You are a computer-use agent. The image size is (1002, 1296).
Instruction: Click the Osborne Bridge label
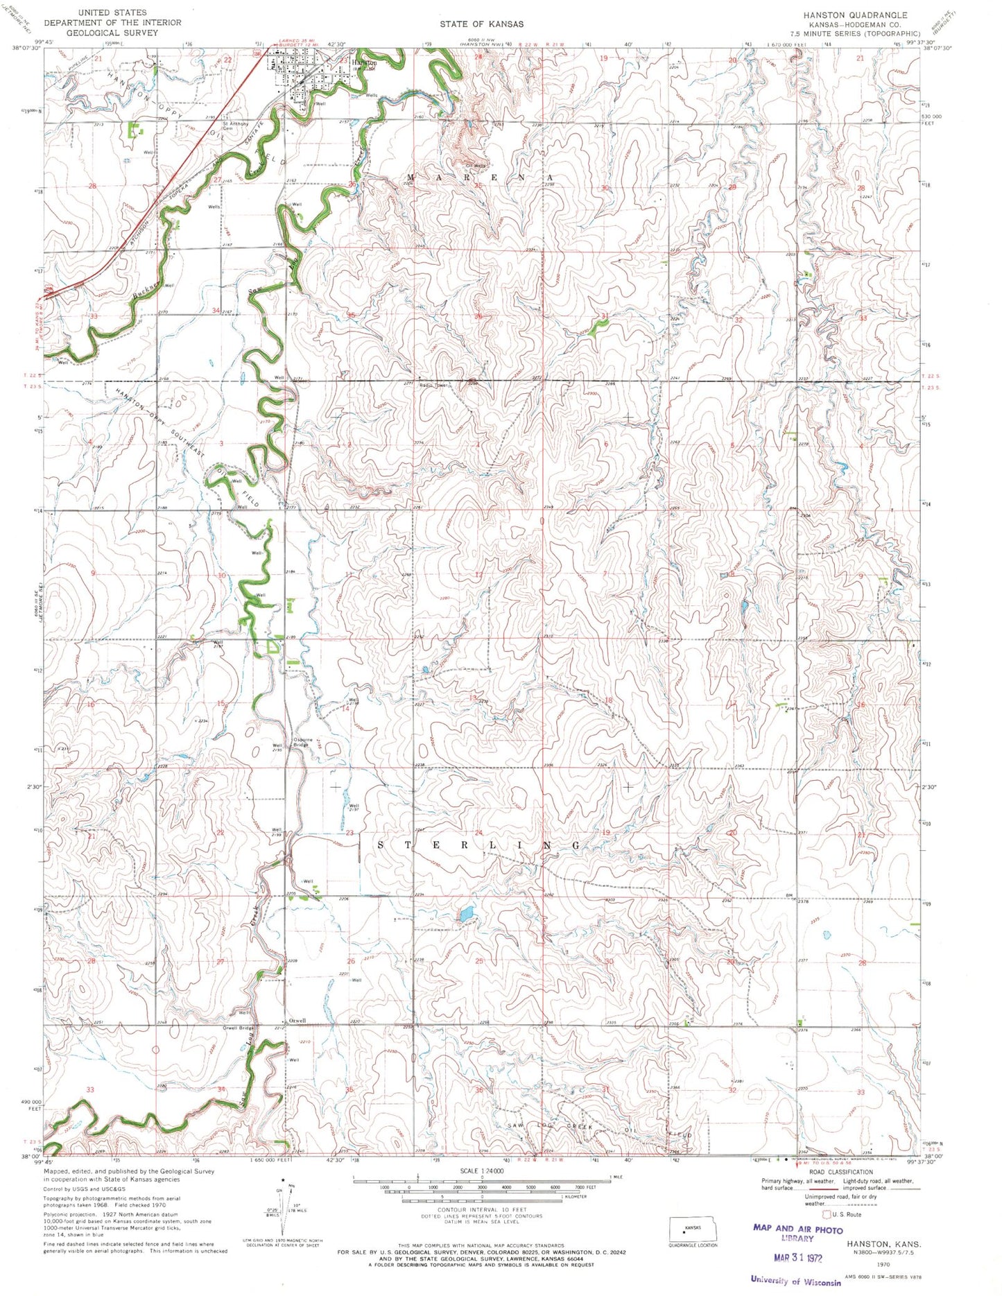click(x=304, y=741)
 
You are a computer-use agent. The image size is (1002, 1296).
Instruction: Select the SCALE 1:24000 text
click(x=483, y=1170)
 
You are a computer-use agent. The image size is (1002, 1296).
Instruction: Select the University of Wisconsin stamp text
click(x=795, y=1281)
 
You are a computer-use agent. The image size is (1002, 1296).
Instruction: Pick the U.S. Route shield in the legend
click(x=825, y=1215)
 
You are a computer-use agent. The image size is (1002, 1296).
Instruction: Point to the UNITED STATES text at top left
click(x=112, y=12)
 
